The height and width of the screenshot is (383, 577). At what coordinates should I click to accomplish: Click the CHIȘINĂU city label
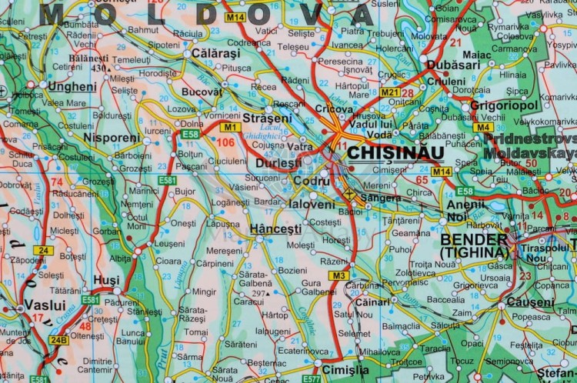(395, 152)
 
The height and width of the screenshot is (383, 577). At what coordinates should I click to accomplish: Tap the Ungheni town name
(72, 87)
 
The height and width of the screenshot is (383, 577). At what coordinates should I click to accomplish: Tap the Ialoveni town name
(312, 205)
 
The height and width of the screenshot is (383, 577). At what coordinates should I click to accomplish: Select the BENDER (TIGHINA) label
(474, 245)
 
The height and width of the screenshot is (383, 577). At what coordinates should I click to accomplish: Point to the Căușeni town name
(530, 302)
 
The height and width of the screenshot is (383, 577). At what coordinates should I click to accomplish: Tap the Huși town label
(105, 281)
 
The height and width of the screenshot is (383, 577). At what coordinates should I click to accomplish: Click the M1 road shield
(232, 126)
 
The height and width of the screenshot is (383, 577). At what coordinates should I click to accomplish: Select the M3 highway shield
(339, 275)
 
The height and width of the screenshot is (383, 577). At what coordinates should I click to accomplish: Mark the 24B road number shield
(58, 339)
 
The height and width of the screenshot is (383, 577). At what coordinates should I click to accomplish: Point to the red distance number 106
(225, 142)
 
